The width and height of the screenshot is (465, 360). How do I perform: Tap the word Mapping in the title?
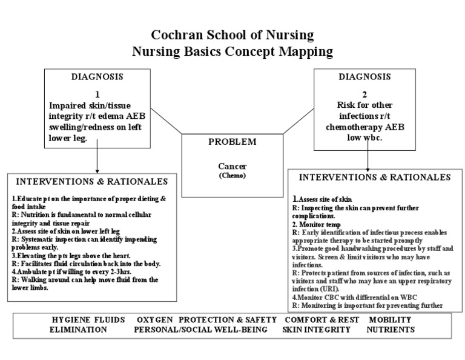click(x=302, y=52)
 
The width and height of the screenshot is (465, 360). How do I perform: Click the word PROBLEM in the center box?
click(x=232, y=142)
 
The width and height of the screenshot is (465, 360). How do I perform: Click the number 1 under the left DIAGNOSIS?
click(x=97, y=94)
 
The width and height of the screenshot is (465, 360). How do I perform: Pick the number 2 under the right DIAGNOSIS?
click(x=364, y=94)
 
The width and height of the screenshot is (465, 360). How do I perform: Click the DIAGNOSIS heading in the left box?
click(x=97, y=77)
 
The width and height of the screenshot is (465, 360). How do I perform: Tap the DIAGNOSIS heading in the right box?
click(x=364, y=77)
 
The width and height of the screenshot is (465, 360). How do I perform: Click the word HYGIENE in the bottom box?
click(x=71, y=319)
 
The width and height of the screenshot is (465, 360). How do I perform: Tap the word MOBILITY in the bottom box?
click(x=391, y=319)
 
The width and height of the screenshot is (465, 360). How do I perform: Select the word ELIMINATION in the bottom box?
click(x=79, y=330)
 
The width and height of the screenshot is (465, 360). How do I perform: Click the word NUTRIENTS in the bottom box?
click(x=391, y=330)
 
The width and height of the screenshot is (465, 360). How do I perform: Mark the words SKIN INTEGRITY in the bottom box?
click(x=316, y=330)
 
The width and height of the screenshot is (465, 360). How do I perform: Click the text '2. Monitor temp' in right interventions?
click(x=312, y=224)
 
